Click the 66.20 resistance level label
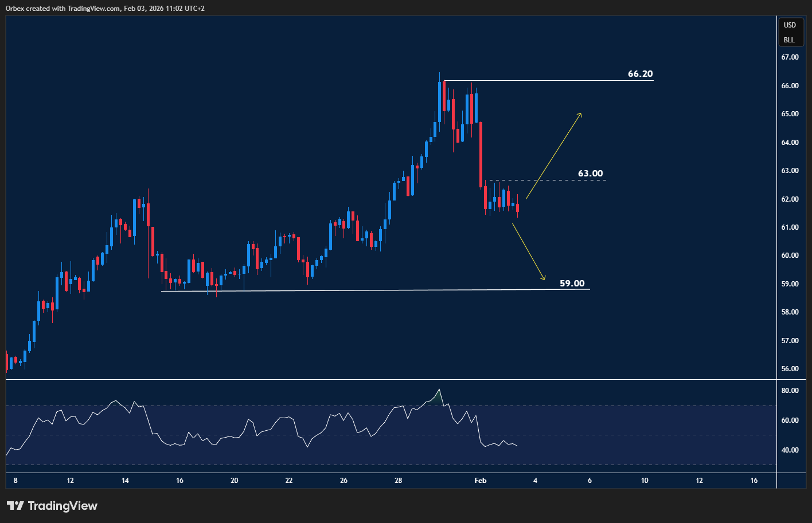(640, 74)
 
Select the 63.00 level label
(590, 174)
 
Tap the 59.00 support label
(572, 284)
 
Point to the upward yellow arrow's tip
(581, 114)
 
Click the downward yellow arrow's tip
(544, 280)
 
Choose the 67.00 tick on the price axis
(790, 57)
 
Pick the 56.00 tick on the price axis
(790, 369)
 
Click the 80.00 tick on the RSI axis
(790, 391)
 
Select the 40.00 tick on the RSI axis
(790, 450)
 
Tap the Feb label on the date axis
(481, 481)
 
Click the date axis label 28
(399, 481)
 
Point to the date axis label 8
(15, 481)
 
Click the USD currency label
(790, 25)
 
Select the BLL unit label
(790, 40)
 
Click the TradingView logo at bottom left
(52, 506)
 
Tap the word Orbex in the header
(15, 9)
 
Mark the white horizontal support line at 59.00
(373, 290)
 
